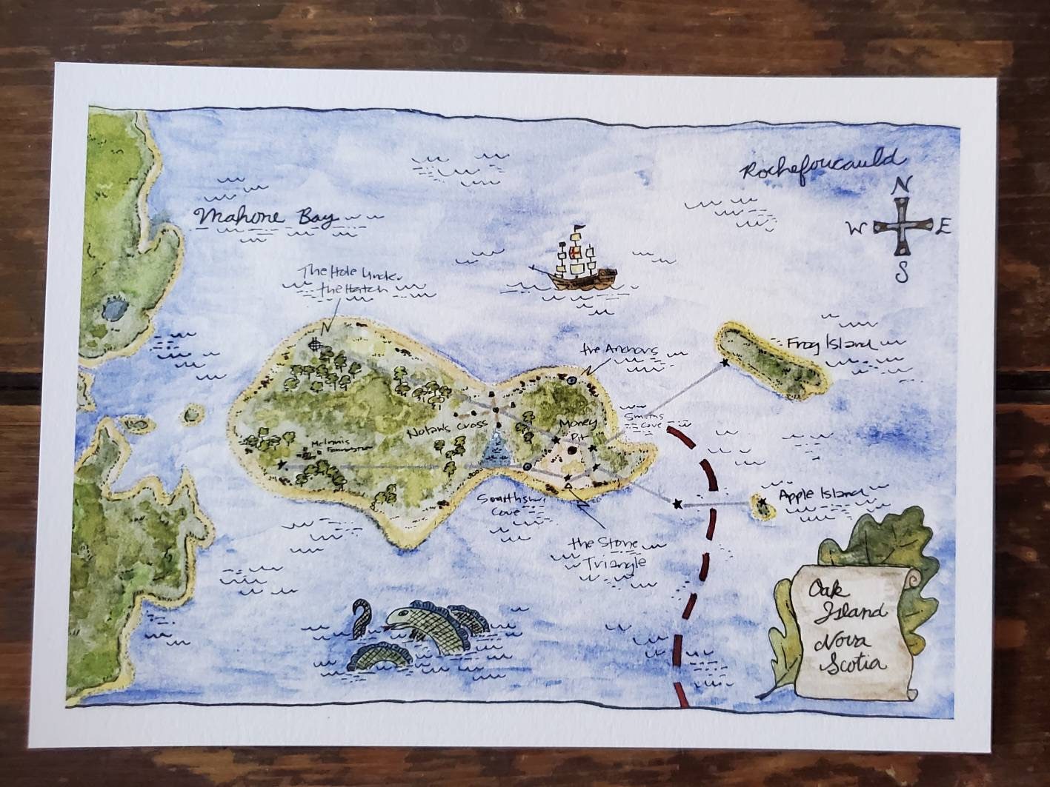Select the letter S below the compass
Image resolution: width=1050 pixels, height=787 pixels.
pyautogui.click(x=902, y=272)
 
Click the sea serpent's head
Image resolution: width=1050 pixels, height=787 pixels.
pyautogui.click(x=405, y=617)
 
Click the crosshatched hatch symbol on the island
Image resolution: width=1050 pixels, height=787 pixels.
pyautogui.click(x=318, y=344)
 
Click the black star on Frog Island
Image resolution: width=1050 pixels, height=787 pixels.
pyautogui.click(x=724, y=364)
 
